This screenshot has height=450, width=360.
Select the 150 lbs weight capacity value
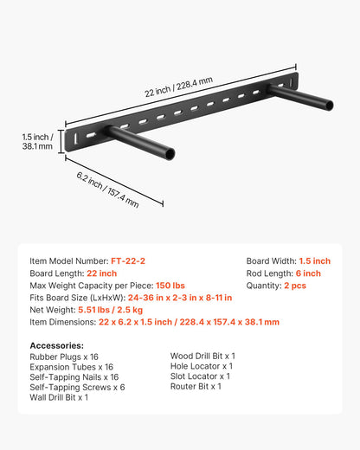click(169, 286)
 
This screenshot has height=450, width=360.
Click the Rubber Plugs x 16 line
click(64, 357)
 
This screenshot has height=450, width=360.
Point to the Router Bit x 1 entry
click(196, 387)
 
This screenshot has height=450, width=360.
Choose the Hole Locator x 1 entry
click(201, 366)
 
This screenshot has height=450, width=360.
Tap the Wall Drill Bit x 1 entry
click(59, 397)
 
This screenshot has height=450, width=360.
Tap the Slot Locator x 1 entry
click(200, 376)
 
